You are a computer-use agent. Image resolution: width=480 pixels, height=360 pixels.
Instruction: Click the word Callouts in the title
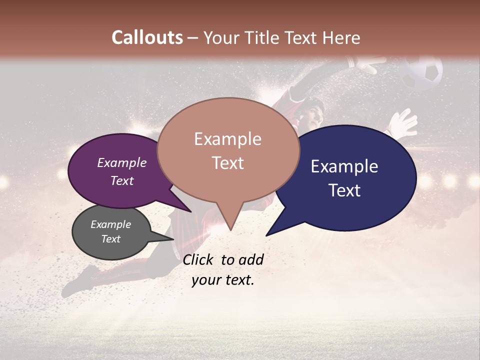coord(147,37)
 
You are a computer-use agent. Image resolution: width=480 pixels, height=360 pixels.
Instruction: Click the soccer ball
coord(423,73)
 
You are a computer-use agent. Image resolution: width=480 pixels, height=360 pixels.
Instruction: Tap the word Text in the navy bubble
coord(344,190)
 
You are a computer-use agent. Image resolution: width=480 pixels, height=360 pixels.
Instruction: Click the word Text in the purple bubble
coord(122,180)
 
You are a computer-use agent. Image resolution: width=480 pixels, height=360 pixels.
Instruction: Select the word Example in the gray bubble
coord(110,224)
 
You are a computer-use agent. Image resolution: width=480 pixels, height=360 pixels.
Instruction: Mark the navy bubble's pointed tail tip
coord(266,235)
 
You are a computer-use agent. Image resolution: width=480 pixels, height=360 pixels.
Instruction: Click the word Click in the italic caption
coord(198,259)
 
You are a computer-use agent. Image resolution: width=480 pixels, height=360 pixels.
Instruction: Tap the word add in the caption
coord(251,259)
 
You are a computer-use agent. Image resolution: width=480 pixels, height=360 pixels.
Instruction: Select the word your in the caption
coord(206,280)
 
